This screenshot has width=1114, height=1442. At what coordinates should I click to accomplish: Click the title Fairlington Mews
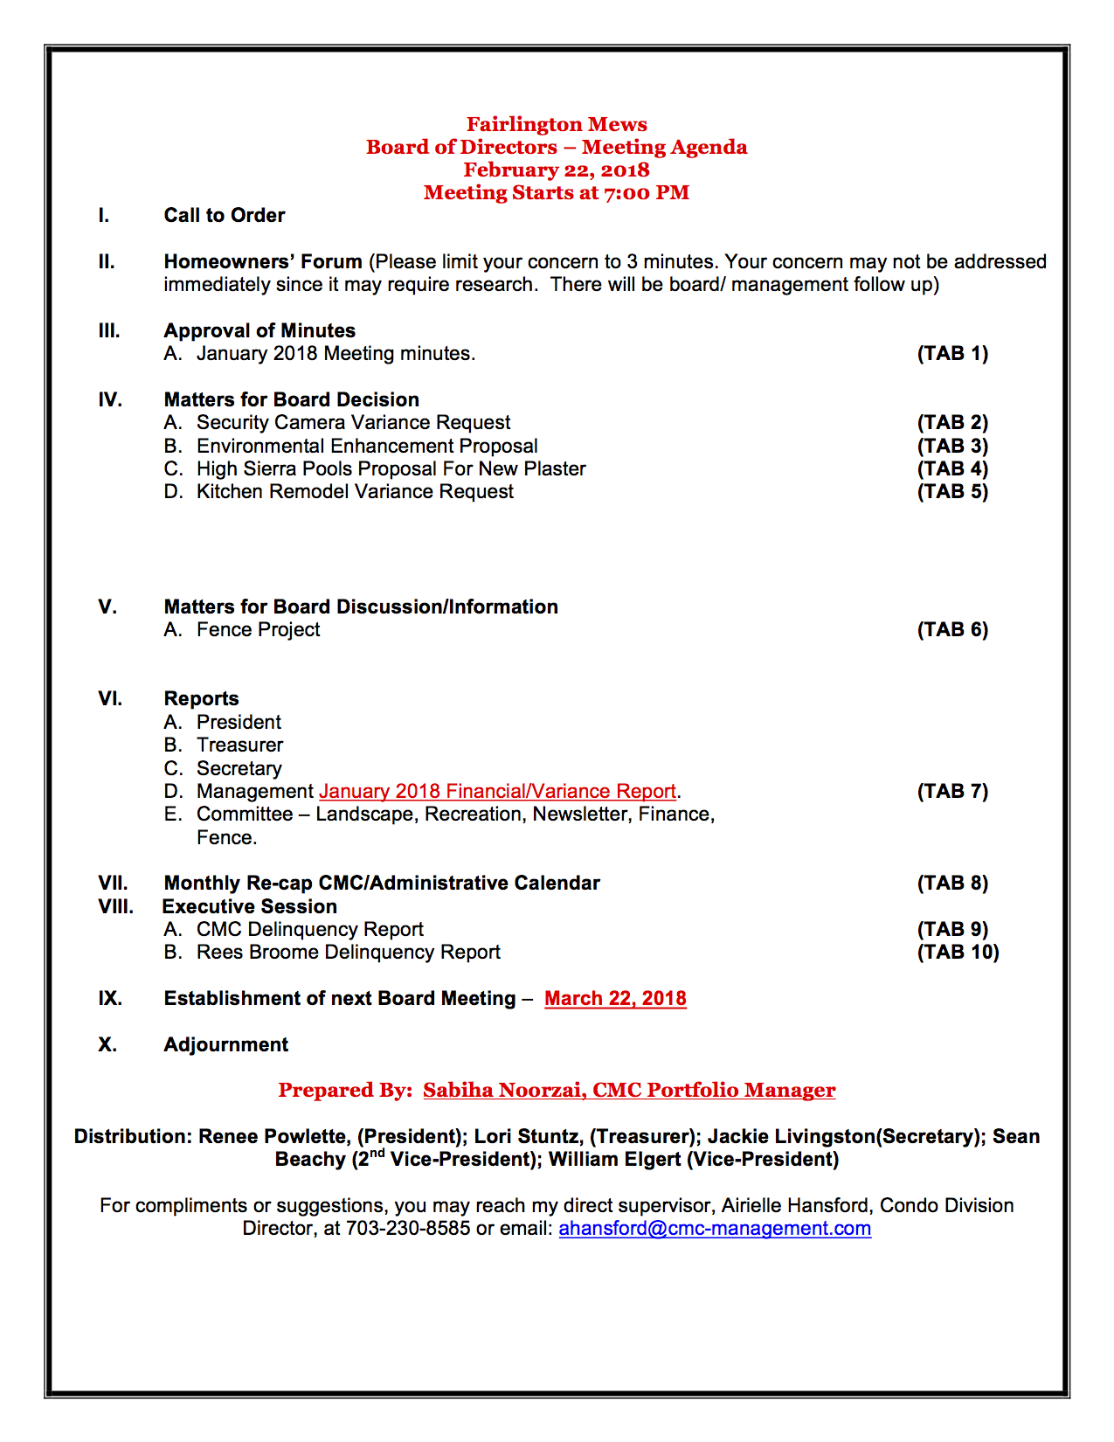557,124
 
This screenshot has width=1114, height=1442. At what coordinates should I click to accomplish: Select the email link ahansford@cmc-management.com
715,1228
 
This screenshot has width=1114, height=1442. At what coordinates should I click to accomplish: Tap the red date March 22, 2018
615,998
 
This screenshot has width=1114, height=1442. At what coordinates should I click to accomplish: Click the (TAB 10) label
958,952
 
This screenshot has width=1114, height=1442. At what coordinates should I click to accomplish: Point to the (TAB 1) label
952,353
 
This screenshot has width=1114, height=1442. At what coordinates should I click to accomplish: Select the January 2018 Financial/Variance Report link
497,791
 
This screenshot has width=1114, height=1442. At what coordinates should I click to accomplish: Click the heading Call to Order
225,215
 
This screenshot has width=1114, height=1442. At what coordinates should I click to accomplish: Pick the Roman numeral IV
110,399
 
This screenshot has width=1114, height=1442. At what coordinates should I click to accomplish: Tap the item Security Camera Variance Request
353,422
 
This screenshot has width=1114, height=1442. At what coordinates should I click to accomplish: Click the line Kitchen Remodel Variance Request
355,491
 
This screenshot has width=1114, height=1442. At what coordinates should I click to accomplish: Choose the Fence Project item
258,629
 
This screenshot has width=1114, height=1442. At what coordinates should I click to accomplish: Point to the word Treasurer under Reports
239,745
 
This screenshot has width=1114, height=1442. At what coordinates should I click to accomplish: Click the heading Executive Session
250,906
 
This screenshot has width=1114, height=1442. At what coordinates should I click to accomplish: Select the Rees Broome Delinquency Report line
348,952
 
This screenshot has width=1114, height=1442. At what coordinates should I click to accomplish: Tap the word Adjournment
225,1044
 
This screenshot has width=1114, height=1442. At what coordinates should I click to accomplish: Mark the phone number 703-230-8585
408,1228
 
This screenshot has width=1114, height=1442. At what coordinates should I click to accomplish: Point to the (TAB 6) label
952,629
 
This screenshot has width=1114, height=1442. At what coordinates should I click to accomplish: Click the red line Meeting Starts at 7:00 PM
557,192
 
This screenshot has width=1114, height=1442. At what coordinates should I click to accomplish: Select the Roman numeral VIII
115,906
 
